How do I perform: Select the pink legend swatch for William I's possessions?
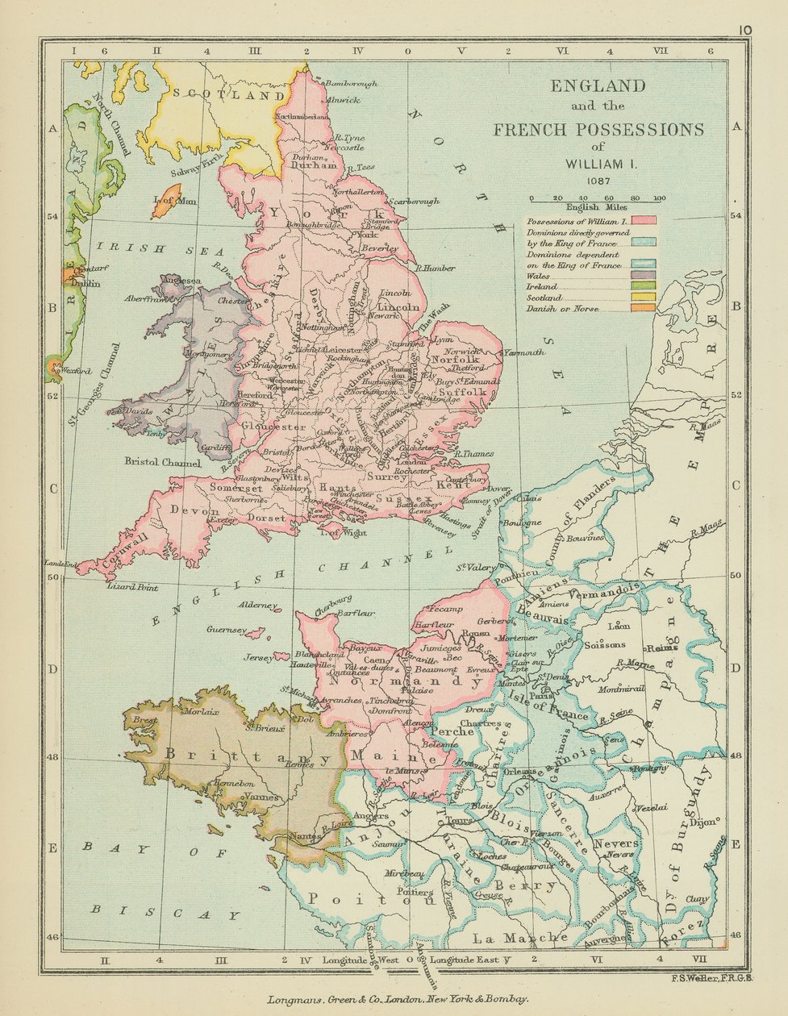[x=644, y=220]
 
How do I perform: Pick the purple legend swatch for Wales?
[x=644, y=276]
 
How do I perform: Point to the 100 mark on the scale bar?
[x=659, y=198]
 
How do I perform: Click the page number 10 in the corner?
[x=744, y=30]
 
